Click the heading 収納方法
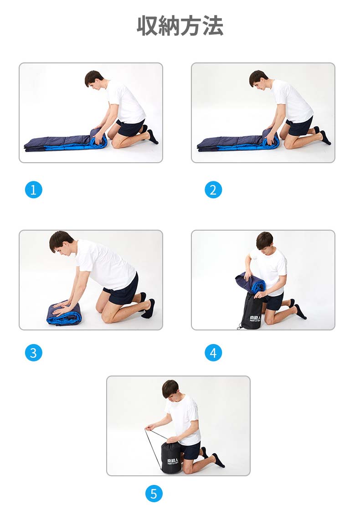[x=180, y=26]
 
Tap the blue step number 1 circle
[x=34, y=190]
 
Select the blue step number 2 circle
[x=213, y=190]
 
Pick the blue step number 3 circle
[x=34, y=353]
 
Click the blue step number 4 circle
[x=213, y=353]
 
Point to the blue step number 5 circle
[x=154, y=494]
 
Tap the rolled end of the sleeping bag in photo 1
[x=99, y=138]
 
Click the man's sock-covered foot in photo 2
[x=325, y=138]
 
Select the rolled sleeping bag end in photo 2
[x=271, y=138]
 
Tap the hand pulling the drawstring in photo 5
[x=150, y=427]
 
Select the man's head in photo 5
[x=171, y=389]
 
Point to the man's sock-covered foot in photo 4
[x=300, y=311]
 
